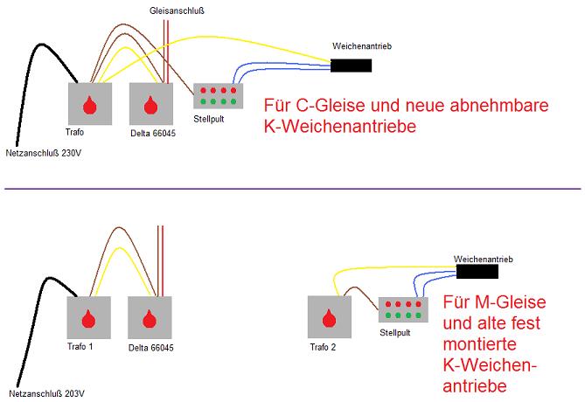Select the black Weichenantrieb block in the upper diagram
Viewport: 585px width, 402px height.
click(350, 65)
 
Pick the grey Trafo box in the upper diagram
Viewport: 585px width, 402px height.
click(89, 104)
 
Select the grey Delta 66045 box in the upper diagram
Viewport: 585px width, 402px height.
click(150, 104)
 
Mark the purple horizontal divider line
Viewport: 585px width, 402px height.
click(292, 188)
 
